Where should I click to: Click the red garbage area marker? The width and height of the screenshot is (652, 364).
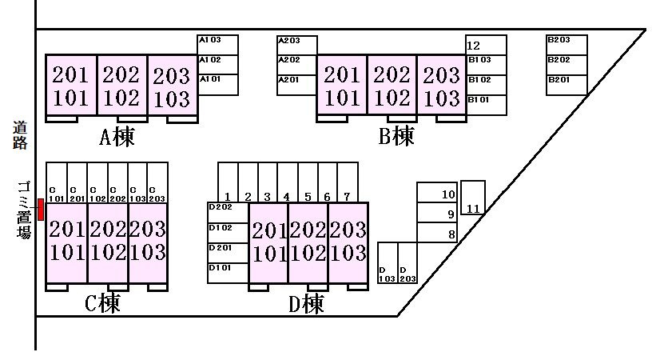click(40, 210)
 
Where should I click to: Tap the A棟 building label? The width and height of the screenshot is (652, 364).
click(117, 137)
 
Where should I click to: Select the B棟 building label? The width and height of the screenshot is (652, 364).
click(396, 136)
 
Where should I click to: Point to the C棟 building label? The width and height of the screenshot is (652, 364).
click(102, 303)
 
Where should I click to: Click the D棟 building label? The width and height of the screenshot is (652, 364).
click(306, 304)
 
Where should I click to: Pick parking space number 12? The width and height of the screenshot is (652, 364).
click(486, 45)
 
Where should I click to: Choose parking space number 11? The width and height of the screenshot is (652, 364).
click(473, 198)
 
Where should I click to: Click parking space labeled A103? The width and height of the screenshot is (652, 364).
click(217, 45)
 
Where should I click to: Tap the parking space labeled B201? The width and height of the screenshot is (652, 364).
click(567, 85)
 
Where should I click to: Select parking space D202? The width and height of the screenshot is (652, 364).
click(228, 213)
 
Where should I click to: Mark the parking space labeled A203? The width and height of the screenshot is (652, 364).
click(297, 45)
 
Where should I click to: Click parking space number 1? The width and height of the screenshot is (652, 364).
click(228, 182)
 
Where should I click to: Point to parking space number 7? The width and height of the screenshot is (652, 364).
click(348, 182)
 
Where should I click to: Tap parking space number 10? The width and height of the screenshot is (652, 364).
click(437, 193)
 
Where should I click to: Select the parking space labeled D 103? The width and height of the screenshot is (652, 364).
click(388, 262)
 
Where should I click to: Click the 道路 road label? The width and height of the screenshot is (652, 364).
click(19, 135)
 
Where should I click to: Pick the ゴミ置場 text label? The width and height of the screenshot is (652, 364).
click(24, 210)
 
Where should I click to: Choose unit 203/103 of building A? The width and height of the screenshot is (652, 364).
click(172, 85)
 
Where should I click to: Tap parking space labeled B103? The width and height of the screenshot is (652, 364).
click(486, 65)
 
